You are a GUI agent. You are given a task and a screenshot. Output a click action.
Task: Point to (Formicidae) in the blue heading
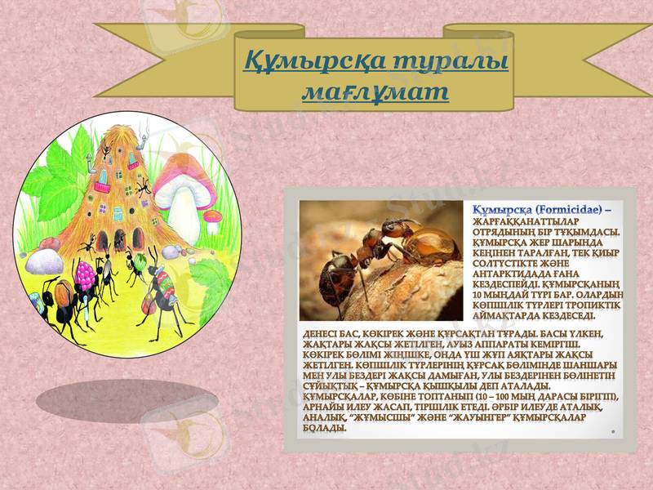(565, 211)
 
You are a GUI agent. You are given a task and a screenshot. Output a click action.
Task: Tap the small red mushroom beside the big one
(212, 217)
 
